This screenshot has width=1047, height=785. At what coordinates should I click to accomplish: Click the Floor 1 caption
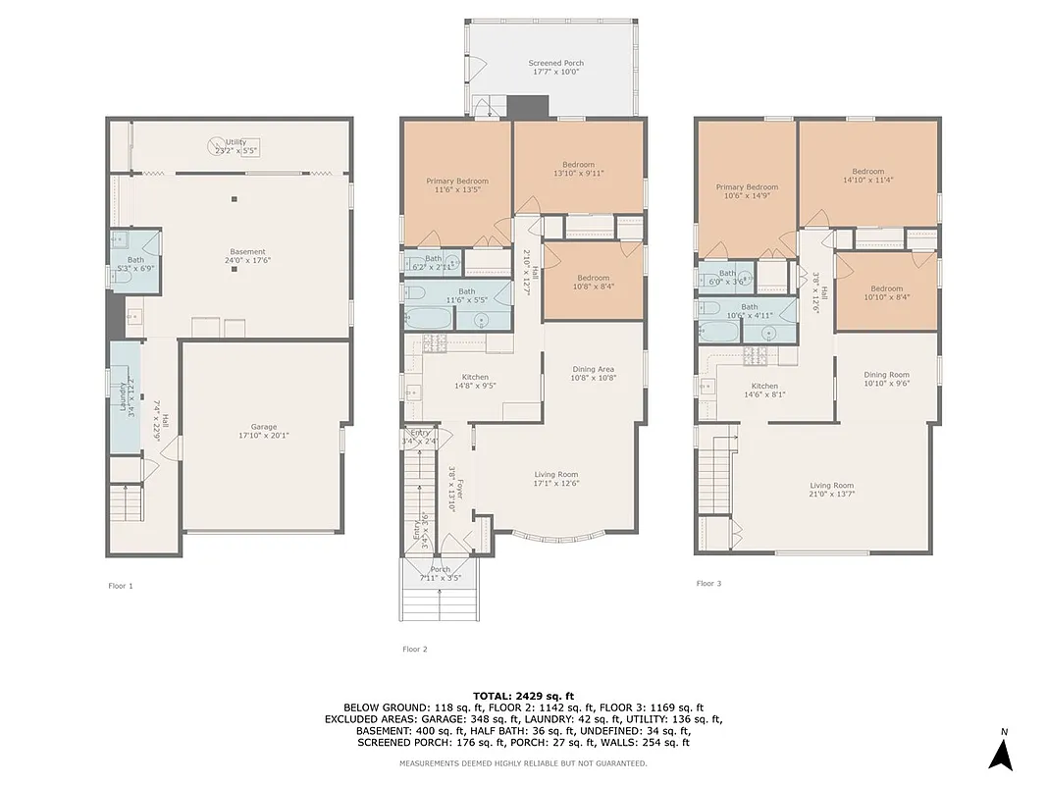point(120,586)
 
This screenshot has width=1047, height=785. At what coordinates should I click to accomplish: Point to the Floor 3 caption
point(708,583)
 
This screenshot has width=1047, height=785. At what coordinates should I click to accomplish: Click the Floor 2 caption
point(414,649)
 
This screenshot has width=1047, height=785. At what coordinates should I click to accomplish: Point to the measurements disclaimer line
point(523,762)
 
